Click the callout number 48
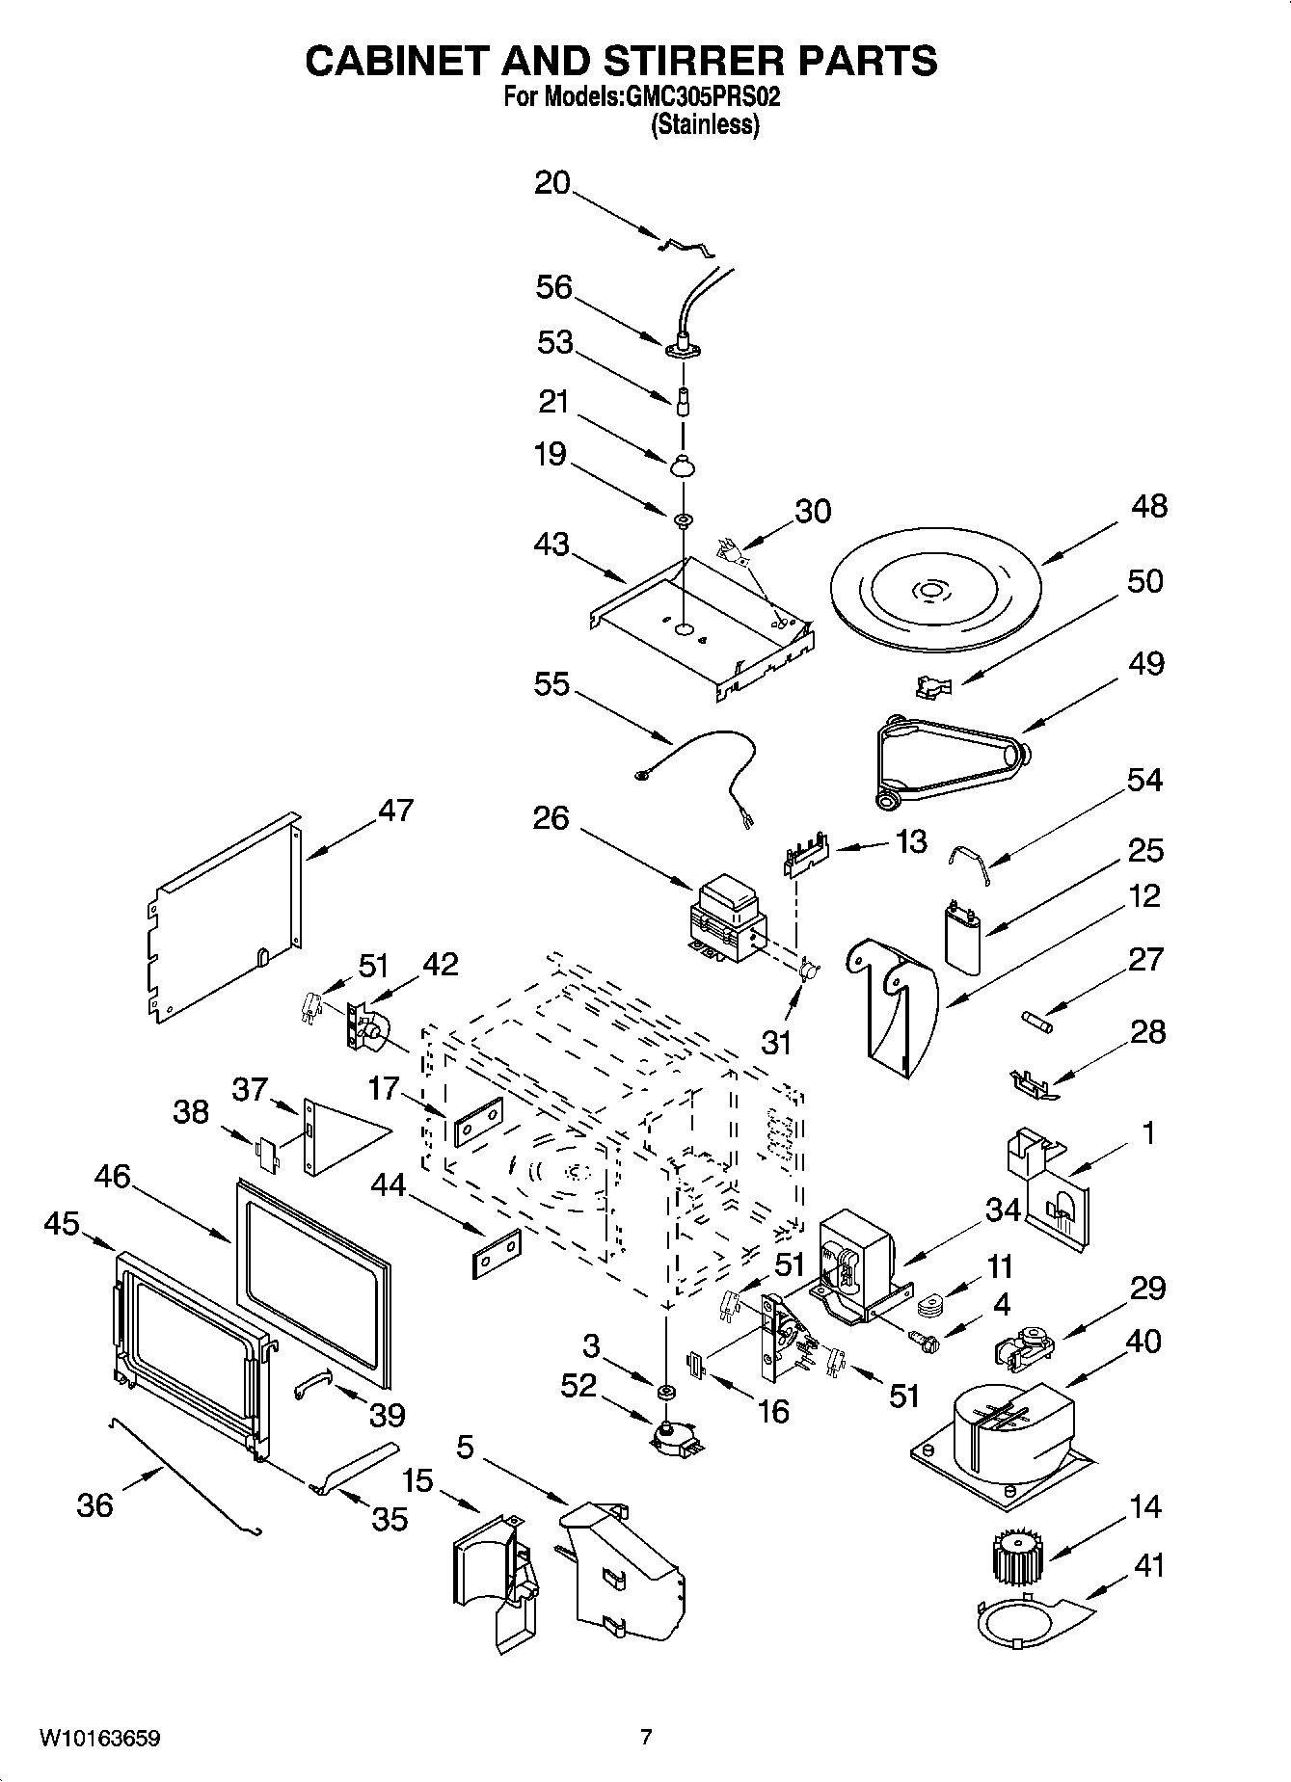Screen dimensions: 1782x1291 click(x=1148, y=506)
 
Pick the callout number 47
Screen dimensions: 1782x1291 click(x=395, y=810)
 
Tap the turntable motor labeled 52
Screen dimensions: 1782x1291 click(x=665, y=1439)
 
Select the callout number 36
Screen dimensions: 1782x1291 click(x=94, y=1504)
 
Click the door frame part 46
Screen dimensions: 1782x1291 click(x=313, y=1270)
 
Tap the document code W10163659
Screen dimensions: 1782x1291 click(x=99, y=1738)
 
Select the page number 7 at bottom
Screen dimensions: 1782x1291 click(x=645, y=1738)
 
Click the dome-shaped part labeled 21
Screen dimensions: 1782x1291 click(x=684, y=465)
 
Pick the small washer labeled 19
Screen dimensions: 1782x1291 click(x=684, y=521)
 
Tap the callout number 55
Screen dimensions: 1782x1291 click(x=551, y=684)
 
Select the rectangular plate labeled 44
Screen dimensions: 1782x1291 click(x=497, y=1254)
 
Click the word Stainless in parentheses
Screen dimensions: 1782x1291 click(x=705, y=124)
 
